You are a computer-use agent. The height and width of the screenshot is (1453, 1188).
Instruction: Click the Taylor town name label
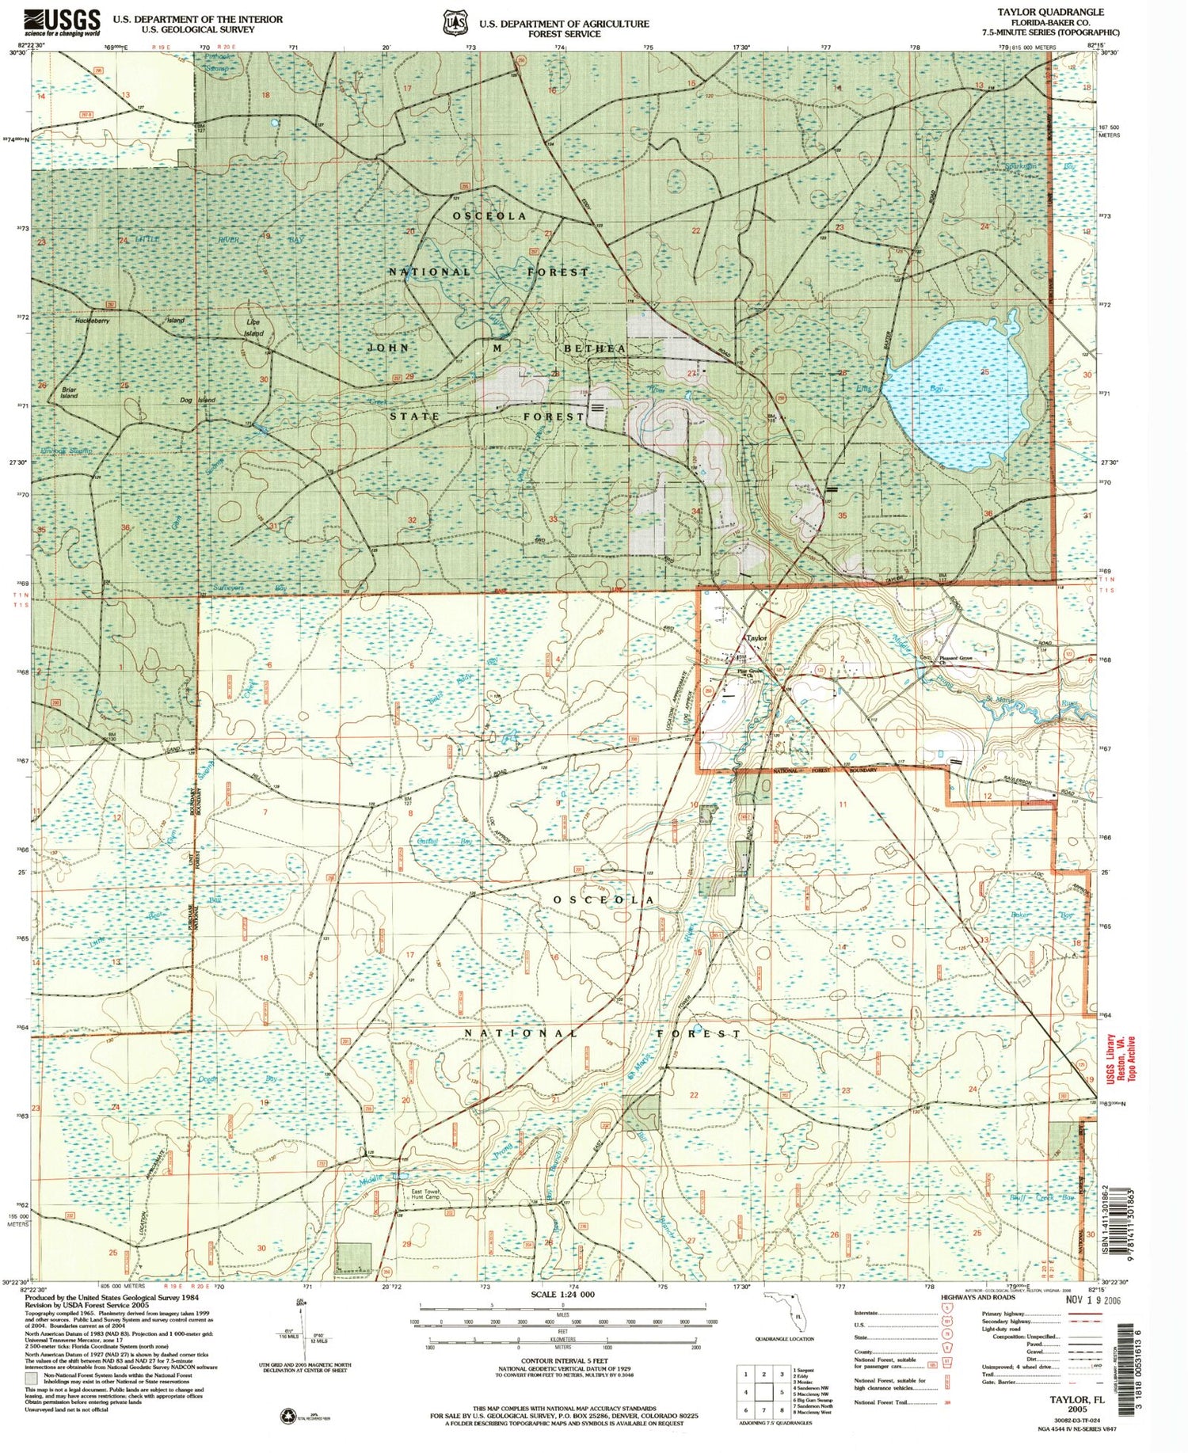pyautogui.click(x=756, y=637)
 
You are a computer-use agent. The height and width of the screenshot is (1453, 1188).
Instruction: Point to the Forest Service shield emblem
pyautogui.click(x=455, y=23)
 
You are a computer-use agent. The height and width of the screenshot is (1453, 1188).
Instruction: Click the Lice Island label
pyautogui.click(x=253, y=328)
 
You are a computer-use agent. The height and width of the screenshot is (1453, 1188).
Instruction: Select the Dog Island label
pyautogui.click(x=197, y=401)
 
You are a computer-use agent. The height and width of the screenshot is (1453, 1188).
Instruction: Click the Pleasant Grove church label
pyautogui.click(x=955, y=658)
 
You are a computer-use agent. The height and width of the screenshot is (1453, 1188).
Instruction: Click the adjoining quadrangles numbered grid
pyautogui.click(x=763, y=1391)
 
